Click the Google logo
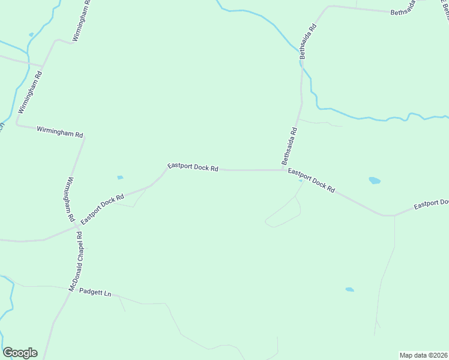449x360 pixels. (20, 353)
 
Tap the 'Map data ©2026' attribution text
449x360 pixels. (423, 355)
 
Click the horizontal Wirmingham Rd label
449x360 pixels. (59, 131)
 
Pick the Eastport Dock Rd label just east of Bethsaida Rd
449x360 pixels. (311, 180)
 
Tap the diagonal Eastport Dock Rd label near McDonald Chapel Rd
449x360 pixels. (103, 208)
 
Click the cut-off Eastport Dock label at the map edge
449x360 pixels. (431, 205)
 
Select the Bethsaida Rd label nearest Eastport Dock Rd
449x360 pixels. (289, 146)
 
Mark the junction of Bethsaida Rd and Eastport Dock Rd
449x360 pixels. (284, 170)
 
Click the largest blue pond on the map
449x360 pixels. (375, 180)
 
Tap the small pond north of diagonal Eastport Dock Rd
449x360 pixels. (120, 178)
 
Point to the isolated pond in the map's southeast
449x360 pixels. (349, 290)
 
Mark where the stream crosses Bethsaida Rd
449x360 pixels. (302, 62)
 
